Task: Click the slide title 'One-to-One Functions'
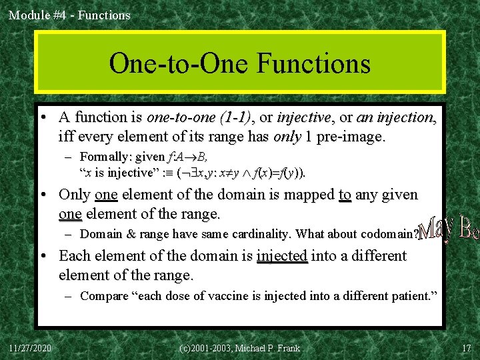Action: tap(239, 63)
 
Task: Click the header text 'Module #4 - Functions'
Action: tap(69, 14)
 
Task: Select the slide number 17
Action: tap(465, 348)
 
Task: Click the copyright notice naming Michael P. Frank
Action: tap(240, 348)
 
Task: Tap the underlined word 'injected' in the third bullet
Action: tap(282, 256)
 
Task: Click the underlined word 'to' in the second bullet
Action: tap(345, 195)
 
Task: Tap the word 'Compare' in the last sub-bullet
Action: tap(103, 296)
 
